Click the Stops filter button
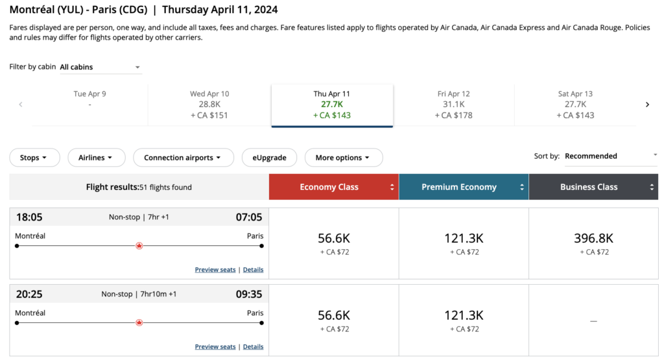point(34,158)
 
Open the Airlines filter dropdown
point(96,158)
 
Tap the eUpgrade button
point(269,158)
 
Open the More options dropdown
point(343,158)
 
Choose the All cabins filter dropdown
point(100,67)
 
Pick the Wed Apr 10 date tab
point(209,104)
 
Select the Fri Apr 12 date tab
point(454,104)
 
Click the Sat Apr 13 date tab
point(575,104)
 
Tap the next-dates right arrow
point(647,104)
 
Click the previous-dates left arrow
point(21,104)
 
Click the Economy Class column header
point(333,187)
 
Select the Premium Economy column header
point(463,187)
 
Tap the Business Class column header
point(593,187)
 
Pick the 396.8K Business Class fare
point(593,243)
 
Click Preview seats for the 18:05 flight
point(215,270)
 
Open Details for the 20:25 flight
point(253,347)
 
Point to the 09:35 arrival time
point(249,294)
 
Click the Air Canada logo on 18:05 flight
point(139,246)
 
